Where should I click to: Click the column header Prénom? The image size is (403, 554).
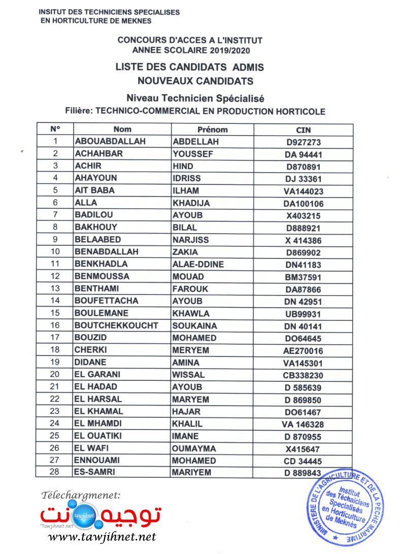[212, 129]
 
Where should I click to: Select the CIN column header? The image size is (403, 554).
[303, 130]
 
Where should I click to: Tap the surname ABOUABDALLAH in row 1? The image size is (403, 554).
[110, 142]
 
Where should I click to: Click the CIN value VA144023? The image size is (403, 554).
[303, 191]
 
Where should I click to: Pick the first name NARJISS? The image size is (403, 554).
[190, 240]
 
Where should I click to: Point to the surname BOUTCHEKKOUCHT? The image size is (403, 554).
[116, 325]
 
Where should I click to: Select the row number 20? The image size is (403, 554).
[56, 375]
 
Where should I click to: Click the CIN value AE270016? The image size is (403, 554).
[303, 351]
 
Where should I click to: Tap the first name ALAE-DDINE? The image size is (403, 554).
[198, 264]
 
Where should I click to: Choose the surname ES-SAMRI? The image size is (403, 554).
[95, 472]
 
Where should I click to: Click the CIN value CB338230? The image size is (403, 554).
[303, 376]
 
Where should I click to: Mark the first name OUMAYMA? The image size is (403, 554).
[194, 448]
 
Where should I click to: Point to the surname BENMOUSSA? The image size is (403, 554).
[102, 277]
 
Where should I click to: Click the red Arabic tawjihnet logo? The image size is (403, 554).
[102, 514]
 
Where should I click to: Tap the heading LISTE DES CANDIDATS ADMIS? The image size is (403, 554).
[189, 67]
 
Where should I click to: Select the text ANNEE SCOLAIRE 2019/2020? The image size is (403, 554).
[190, 50]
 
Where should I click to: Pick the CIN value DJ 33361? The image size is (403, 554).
[303, 179]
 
